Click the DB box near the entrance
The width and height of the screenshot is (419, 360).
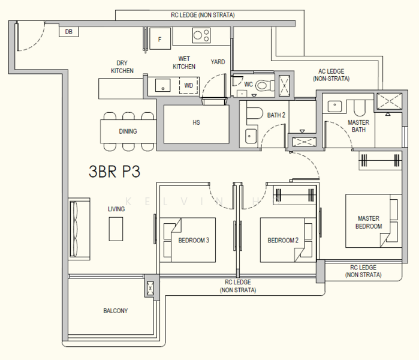tap(69, 32)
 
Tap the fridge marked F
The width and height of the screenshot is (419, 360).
tap(160, 38)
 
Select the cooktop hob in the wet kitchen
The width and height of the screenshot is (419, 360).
tap(201, 35)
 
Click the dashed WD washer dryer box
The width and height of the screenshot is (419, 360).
tap(188, 85)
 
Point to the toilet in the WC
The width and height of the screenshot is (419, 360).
tap(265, 86)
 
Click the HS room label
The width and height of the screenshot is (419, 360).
tap(196, 122)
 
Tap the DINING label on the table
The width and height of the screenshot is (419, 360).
tap(128, 131)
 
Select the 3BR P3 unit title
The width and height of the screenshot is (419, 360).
tap(114, 172)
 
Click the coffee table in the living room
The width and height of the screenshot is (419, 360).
tap(116, 229)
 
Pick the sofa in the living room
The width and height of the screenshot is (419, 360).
tap(79, 229)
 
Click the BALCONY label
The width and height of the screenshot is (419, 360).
tap(116, 311)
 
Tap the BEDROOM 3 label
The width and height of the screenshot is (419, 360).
tap(194, 240)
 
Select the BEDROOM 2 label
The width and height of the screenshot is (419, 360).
tap(283, 240)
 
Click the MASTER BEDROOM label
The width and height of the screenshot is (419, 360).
tap(369, 222)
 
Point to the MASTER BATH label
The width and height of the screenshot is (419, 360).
tap(358, 126)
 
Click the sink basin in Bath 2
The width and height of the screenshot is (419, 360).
tap(251, 136)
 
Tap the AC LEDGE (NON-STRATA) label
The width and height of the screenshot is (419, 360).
tap(331, 75)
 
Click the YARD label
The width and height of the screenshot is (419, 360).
tap(218, 62)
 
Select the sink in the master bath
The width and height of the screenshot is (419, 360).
tap(334, 106)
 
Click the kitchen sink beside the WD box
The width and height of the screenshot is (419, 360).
tap(162, 85)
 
